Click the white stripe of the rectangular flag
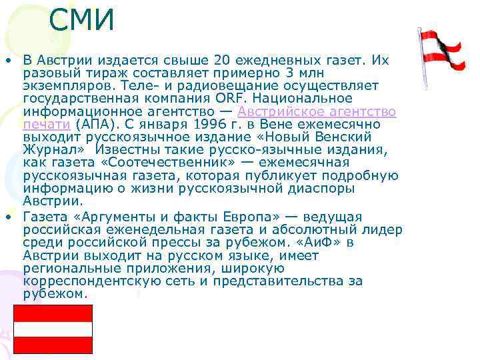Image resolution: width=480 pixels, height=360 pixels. point(53,329)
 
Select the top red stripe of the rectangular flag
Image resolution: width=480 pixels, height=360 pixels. point(53,313)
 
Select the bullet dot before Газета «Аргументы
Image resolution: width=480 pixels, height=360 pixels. point(8,217)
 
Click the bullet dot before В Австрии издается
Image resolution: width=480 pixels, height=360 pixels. point(8,61)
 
